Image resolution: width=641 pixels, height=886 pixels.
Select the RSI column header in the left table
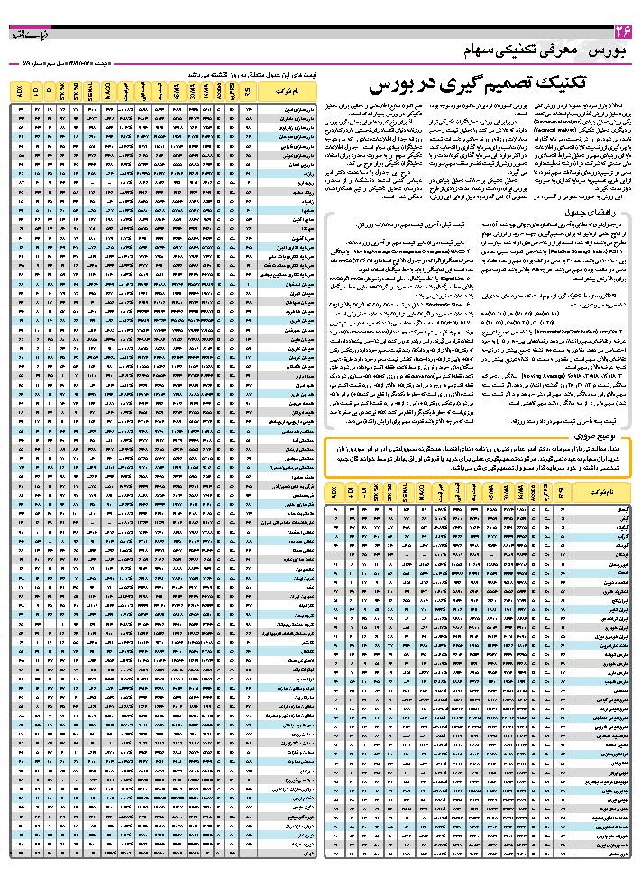click(x=249, y=91)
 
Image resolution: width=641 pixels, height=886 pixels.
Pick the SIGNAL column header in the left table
click(x=92, y=91)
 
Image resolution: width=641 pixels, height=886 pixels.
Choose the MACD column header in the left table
click(x=107, y=91)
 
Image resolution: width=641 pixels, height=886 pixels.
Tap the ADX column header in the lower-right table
click(x=334, y=493)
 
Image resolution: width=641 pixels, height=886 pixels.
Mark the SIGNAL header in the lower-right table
click(x=406, y=493)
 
